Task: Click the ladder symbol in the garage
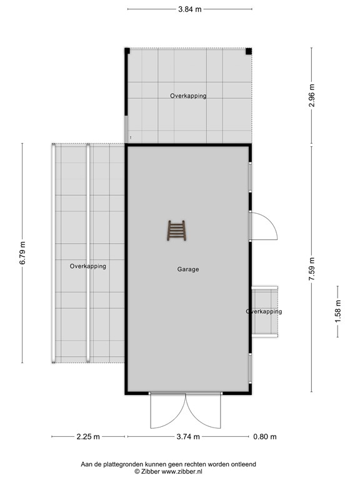pos(177,231)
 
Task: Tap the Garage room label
pos(188,269)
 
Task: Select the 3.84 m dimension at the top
pos(190,9)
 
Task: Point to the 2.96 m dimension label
pos(312,96)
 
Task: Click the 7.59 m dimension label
pos(312,268)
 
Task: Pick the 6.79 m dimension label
pos(23,253)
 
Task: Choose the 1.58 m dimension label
pos(337,312)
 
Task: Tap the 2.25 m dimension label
pos(87,436)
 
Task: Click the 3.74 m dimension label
pos(188,436)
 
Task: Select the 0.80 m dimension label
pos(264,436)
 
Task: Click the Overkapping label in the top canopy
pos(188,96)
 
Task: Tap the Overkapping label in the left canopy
pos(87,266)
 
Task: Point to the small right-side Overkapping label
pos(264,311)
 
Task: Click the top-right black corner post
pos(248,51)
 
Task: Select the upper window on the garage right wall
pos(250,177)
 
